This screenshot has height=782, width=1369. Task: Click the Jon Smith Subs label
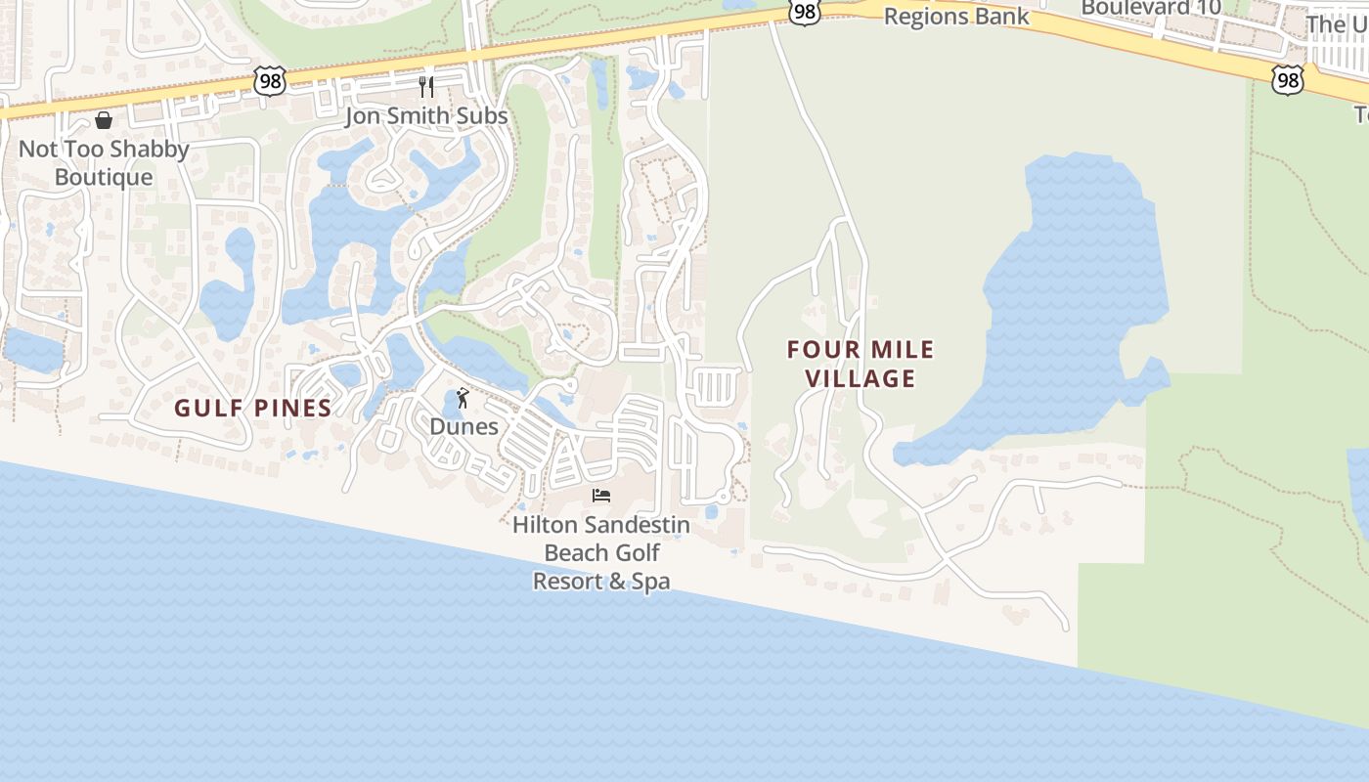tap(426, 115)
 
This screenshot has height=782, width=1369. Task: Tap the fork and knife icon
tap(426, 87)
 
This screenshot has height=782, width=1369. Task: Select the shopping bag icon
tap(104, 120)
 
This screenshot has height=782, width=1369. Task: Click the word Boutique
tap(104, 177)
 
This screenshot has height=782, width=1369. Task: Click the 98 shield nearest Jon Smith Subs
tap(269, 81)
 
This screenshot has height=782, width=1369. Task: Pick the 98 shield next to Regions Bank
tap(803, 13)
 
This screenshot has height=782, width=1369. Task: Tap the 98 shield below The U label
tap(1288, 79)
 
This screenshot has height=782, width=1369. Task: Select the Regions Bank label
tap(956, 17)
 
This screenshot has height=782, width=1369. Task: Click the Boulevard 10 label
tap(1151, 8)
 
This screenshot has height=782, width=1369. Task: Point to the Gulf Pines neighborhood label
tap(253, 408)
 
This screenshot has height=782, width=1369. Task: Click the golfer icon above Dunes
tap(464, 398)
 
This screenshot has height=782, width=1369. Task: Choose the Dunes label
tap(464, 426)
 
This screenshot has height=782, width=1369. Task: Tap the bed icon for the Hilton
tap(601, 496)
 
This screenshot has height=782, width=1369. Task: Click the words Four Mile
tap(861, 349)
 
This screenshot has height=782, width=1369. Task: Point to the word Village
tap(861, 378)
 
